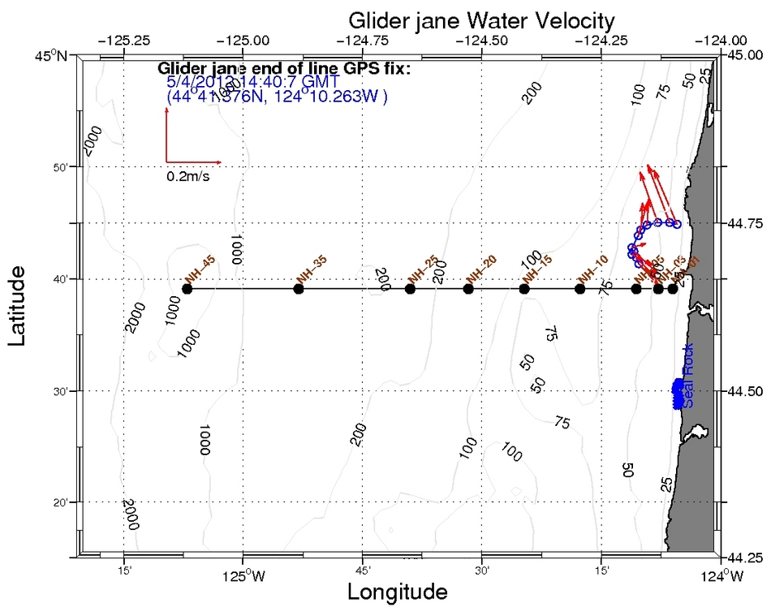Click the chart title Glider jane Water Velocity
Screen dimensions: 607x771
pyautogui.click(x=481, y=19)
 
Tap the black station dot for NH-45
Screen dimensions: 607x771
pyautogui.click(x=187, y=289)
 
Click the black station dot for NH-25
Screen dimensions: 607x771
pyautogui.click(x=411, y=289)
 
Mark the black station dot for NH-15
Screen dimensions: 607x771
pyautogui.click(x=524, y=289)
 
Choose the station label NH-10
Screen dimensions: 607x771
pyautogui.click(x=594, y=268)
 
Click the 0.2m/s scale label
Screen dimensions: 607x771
pyautogui.click(x=187, y=176)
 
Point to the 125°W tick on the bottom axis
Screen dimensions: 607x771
pyautogui.click(x=242, y=577)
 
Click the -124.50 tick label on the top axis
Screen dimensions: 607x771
pyautogui.click(x=483, y=39)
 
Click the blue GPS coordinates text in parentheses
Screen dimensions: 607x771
pyautogui.click(x=277, y=97)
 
